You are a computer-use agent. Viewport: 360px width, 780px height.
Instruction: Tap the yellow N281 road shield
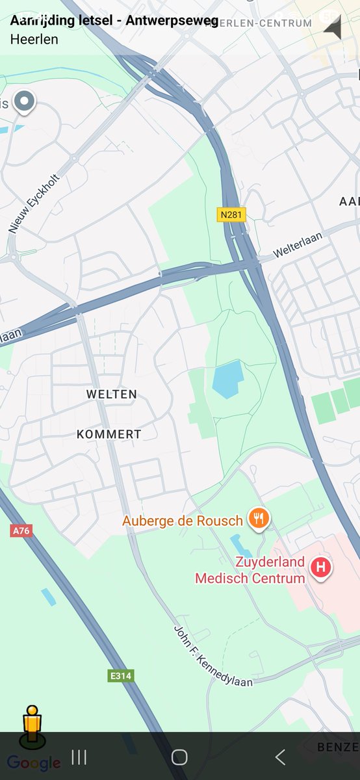(x=231, y=214)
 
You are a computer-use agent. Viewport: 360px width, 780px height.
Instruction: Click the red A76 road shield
(x=21, y=530)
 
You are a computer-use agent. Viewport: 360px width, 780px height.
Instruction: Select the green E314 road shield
(x=120, y=676)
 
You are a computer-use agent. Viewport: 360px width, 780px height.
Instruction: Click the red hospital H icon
(x=320, y=567)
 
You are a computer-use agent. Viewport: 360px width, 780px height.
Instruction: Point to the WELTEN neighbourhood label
(x=111, y=395)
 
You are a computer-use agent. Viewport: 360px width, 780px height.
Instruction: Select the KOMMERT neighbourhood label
(x=109, y=434)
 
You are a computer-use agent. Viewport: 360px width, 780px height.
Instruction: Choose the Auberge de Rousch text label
(x=183, y=521)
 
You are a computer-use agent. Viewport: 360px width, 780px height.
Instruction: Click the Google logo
(x=34, y=762)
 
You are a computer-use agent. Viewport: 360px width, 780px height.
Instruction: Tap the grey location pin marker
(x=25, y=101)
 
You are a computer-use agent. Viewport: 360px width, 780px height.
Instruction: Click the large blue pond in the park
(x=227, y=379)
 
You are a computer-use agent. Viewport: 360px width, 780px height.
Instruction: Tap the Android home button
(x=179, y=757)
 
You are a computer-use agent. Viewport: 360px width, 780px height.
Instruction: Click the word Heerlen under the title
(x=34, y=39)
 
